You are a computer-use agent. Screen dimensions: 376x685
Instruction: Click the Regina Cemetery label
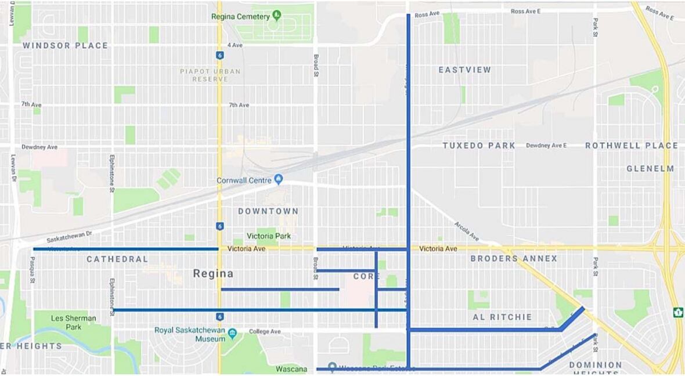(x=240, y=16)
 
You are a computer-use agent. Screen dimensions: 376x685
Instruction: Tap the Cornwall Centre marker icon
(x=279, y=179)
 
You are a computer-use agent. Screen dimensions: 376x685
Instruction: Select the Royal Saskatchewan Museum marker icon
(x=232, y=333)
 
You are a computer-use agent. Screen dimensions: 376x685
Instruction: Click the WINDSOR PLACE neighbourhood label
(x=65, y=45)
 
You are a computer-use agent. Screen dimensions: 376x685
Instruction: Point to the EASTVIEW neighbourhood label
(x=464, y=70)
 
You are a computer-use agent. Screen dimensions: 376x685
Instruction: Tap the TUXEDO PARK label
(x=479, y=146)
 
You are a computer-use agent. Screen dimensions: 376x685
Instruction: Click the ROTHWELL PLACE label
(x=631, y=146)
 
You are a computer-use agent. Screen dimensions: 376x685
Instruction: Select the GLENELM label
(x=650, y=169)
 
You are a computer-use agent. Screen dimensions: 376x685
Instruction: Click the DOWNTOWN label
(x=268, y=211)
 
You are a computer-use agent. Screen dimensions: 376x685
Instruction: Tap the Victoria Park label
(x=269, y=236)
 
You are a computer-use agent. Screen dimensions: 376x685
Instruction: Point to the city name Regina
(x=213, y=273)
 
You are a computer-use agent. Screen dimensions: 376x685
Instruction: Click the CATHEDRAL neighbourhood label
(x=117, y=259)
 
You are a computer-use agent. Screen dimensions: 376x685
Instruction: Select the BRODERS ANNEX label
(x=513, y=259)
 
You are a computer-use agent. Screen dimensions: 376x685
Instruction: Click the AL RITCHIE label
(x=502, y=317)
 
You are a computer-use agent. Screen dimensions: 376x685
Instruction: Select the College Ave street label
(x=265, y=332)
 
